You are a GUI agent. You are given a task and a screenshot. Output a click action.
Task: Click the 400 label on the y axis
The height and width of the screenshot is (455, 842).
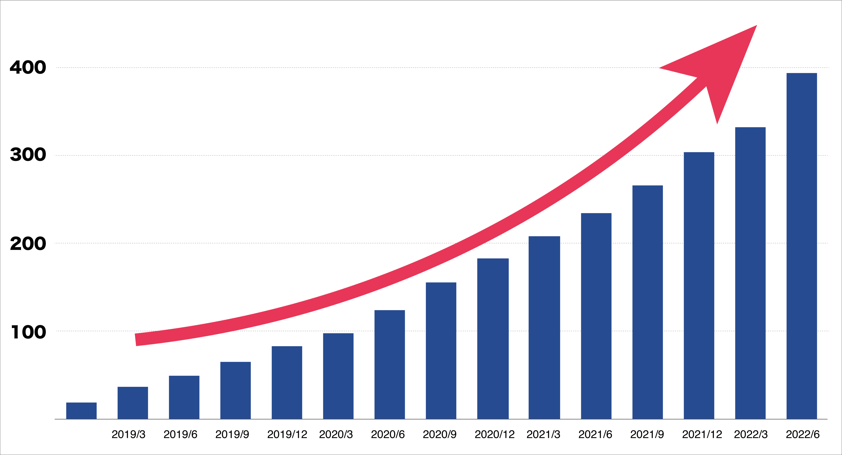tap(28, 67)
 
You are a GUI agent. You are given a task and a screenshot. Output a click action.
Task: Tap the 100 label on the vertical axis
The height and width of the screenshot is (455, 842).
tap(29, 332)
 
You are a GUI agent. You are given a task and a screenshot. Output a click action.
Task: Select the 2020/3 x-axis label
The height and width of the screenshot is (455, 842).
tap(336, 435)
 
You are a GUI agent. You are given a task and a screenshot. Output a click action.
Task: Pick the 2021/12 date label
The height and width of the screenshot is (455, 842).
tap(702, 435)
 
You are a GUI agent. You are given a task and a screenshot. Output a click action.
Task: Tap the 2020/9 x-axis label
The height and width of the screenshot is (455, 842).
tap(440, 435)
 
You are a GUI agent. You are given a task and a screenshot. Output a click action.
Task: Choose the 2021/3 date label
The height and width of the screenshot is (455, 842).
tap(543, 435)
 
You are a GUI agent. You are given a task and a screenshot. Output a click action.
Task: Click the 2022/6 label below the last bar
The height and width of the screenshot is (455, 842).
tap(803, 435)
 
